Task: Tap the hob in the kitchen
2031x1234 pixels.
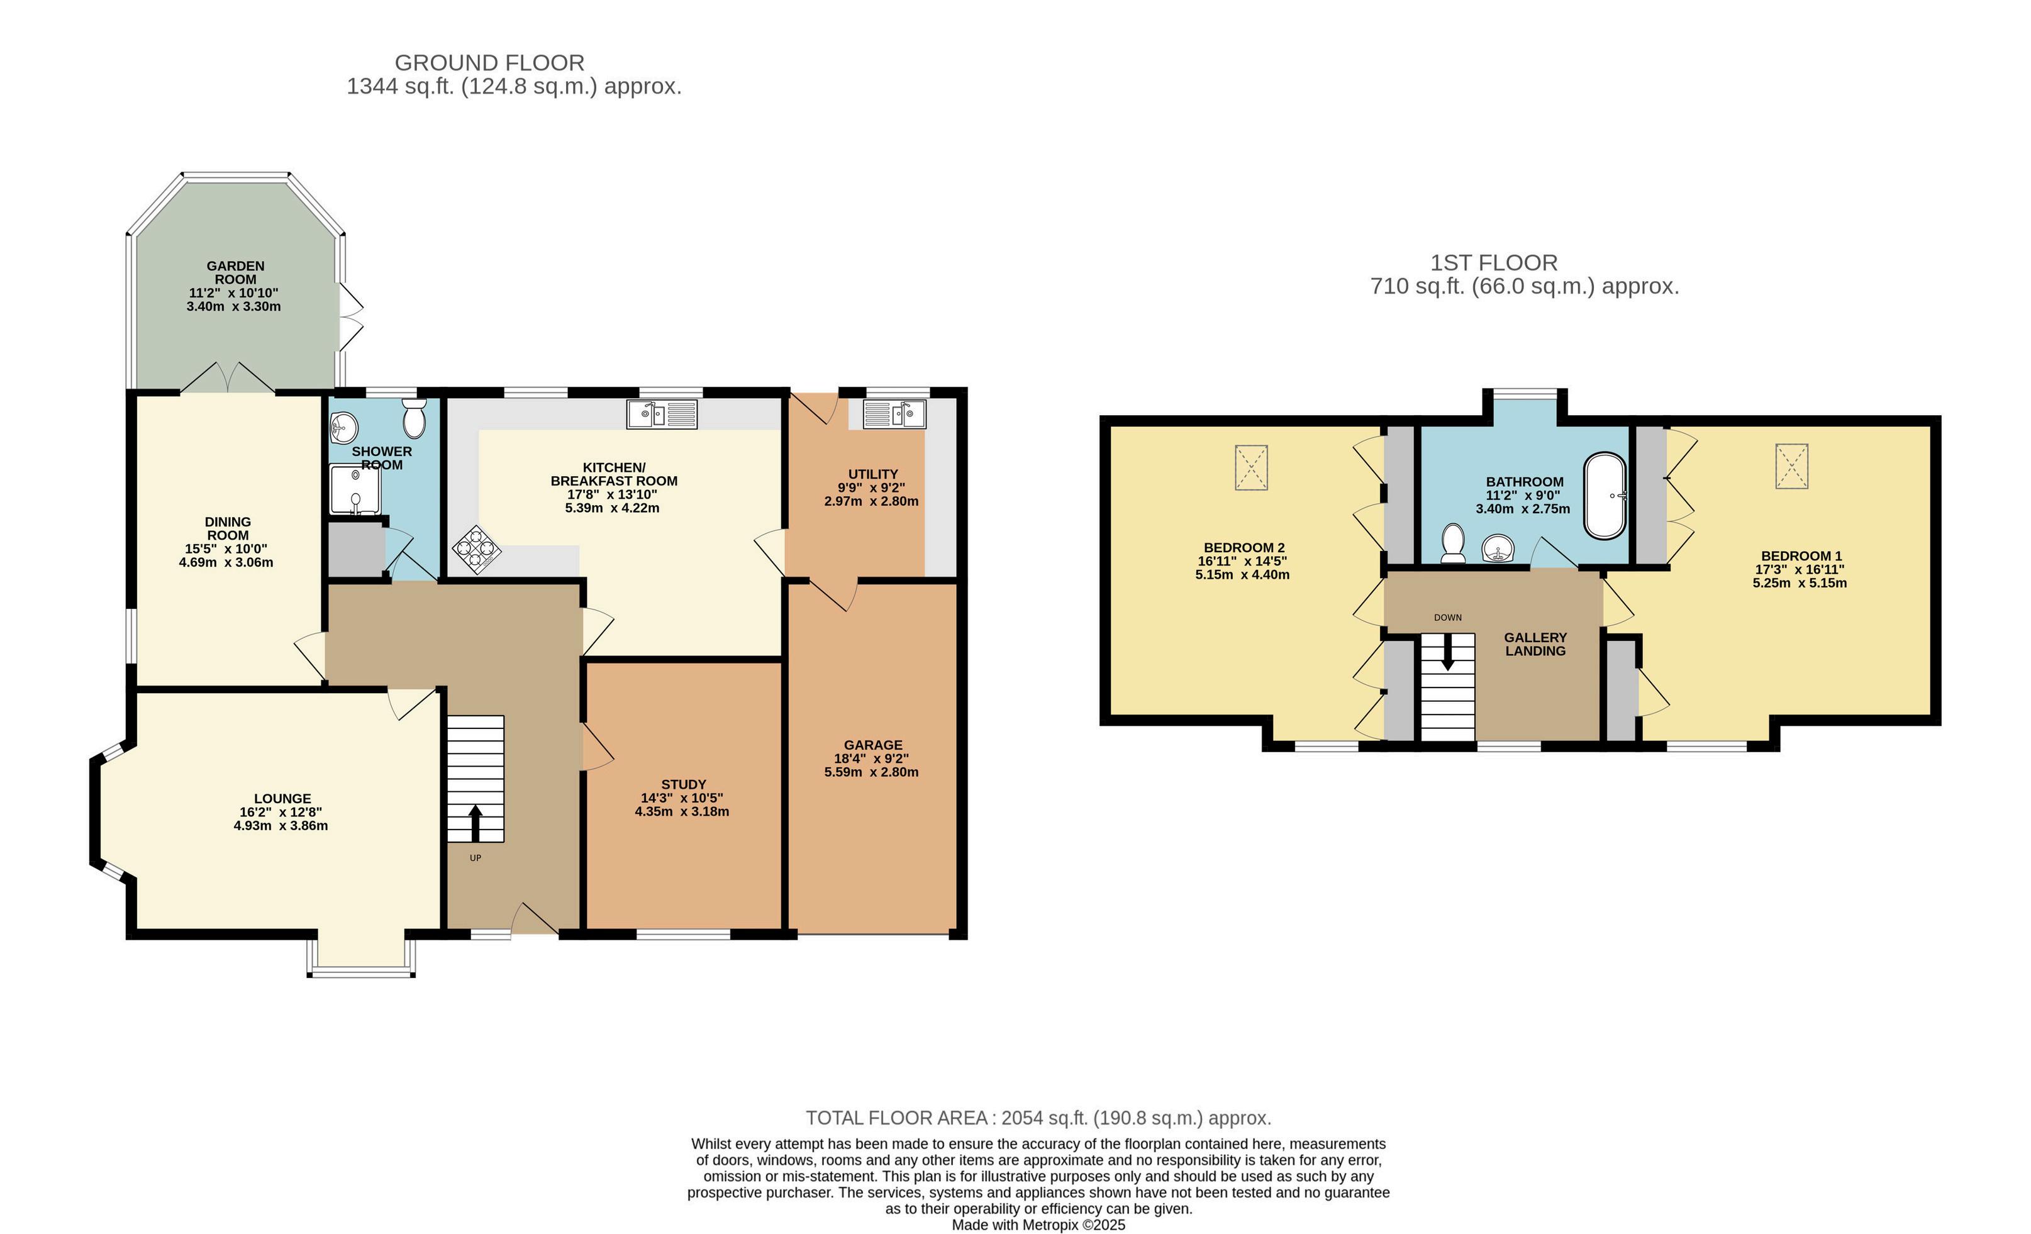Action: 476,549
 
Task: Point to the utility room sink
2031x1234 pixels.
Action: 894,414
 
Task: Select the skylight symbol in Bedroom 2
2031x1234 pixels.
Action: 1251,467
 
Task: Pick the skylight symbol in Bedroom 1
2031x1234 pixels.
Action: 1791,467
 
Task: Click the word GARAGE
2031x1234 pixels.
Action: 873,744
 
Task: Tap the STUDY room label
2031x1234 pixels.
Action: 683,784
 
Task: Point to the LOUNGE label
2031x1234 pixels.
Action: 282,798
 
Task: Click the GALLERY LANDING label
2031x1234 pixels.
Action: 1535,644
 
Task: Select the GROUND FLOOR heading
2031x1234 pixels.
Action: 489,63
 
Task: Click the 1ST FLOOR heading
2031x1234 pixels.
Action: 1494,263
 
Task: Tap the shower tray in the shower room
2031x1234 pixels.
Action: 355,490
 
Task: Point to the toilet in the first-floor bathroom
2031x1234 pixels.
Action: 1452,544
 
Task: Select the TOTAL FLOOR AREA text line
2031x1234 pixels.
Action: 1038,1118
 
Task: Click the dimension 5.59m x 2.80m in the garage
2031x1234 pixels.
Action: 871,772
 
